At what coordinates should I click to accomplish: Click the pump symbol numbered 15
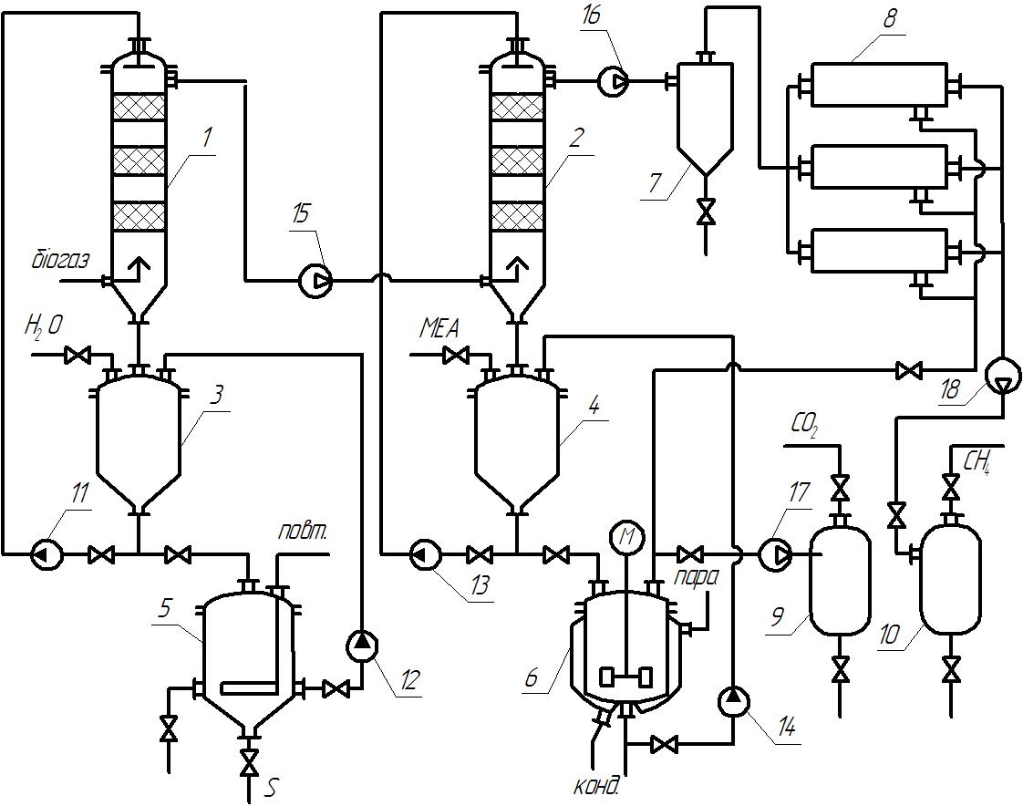[x=315, y=282]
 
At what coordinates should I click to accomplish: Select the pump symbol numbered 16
[x=614, y=81]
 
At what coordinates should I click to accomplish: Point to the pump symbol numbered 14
[x=733, y=702]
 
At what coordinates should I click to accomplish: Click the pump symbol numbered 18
[x=1001, y=377]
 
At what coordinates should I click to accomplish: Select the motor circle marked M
[x=627, y=537]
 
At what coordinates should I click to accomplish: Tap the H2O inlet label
[x=43, y=324]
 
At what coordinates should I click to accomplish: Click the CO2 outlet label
[x=803, y=427]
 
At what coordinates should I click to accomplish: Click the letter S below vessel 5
[x=270, y=789]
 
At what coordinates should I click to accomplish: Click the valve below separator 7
[x=706, y=212]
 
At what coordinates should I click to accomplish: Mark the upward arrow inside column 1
[x=137, y=268]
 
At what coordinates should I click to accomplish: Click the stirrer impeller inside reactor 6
[x=625, y=677]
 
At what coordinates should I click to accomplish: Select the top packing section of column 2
[x=517, y=107]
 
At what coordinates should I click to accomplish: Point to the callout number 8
[x=891, y=19]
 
